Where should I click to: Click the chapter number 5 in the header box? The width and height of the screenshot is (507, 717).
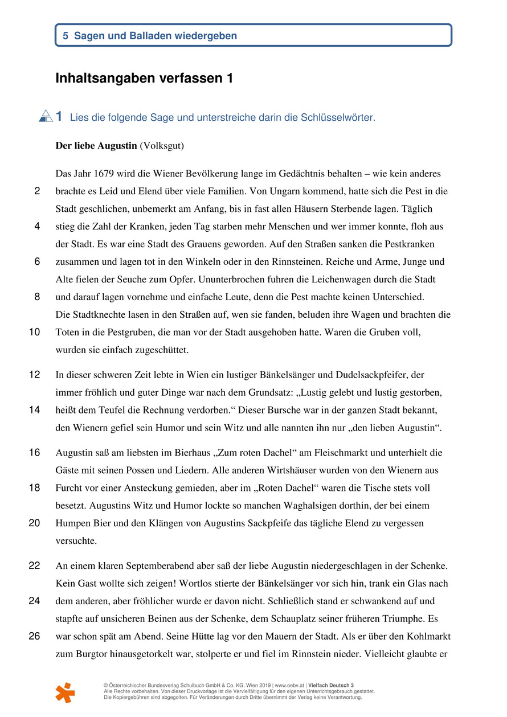66,36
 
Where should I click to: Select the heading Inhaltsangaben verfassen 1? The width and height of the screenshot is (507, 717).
144,79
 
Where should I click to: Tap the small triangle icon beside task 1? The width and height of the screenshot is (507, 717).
46,116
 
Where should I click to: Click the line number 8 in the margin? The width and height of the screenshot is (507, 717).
37,297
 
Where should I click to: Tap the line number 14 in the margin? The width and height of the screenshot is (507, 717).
34,410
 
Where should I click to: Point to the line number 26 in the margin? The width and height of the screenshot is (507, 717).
34,636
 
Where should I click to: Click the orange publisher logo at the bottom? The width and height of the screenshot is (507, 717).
65,691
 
